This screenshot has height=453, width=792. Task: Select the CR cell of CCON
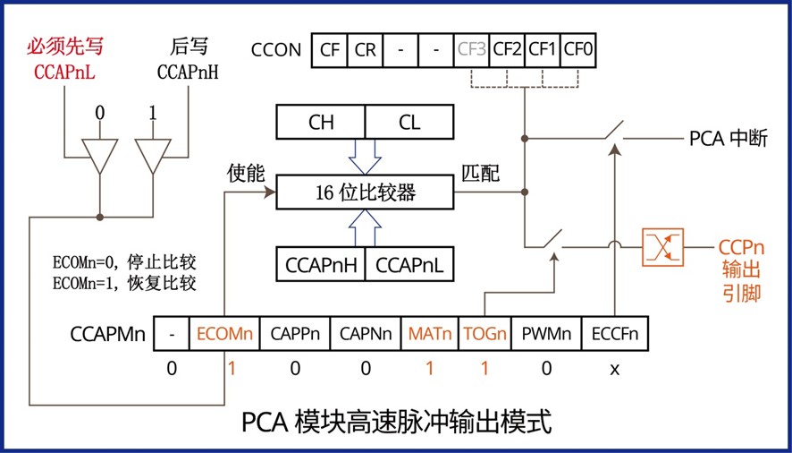364,49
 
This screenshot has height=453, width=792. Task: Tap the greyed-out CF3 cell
471,49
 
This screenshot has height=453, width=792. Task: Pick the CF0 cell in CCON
578,49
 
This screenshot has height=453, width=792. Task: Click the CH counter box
321,123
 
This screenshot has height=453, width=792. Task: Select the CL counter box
409,123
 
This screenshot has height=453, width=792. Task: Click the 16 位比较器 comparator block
365,192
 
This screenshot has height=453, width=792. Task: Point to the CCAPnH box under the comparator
321,264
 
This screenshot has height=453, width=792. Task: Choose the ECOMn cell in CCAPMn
224,335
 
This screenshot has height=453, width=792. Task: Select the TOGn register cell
485,335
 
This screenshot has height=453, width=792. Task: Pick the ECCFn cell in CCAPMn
615,335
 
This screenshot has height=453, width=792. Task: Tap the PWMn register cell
546,335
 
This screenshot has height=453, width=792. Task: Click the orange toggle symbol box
662,247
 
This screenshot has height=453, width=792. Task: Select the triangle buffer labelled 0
99,155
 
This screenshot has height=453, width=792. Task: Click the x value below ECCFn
615,368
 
